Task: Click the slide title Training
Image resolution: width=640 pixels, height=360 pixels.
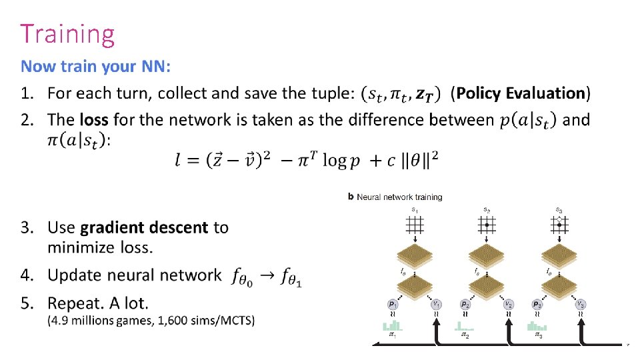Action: click(67, 33)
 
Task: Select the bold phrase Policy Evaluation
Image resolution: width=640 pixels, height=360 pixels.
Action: click(521, 93)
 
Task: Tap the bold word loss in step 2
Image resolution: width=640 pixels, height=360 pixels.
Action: click(94, 120)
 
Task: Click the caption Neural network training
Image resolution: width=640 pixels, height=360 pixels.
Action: click(399, 197)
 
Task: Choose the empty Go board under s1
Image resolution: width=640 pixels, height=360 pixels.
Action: click(415, 225)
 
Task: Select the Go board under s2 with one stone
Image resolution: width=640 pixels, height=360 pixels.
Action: click(487, 225)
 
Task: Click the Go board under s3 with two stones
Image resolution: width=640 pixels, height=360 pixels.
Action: click(559, 225)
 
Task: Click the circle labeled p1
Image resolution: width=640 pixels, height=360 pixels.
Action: click(393, 304)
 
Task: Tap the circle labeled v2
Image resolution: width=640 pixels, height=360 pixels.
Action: click(509, 304)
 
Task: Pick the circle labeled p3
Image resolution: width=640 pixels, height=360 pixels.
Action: click(537, 304)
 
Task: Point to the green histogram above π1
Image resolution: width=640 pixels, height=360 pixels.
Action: click(392, 327)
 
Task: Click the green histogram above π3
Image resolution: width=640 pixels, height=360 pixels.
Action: click(537, 327)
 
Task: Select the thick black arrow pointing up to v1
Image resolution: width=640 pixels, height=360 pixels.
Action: click(437, 331)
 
